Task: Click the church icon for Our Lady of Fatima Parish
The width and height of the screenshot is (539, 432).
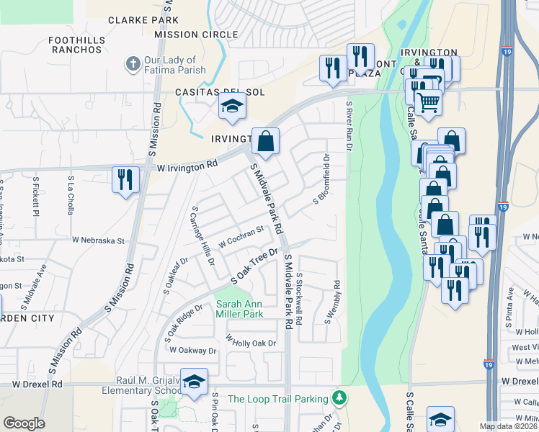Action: click(132, 65)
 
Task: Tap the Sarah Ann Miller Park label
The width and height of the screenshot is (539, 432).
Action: click(239, 308)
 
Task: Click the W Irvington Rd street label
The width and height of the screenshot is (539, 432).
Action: click(187, 165)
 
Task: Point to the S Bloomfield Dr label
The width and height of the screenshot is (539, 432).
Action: click(321, 179)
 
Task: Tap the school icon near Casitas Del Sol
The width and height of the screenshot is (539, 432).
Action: click(232, 107)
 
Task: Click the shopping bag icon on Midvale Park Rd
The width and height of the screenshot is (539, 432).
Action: click(265, 142)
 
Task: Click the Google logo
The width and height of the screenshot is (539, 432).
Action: click(24, 423)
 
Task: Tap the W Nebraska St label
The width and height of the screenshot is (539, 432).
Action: click(98, 240)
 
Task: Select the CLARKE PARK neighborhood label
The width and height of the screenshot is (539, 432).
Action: click(138, 20)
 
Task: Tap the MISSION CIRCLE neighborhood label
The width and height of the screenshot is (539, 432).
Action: click(196, 35)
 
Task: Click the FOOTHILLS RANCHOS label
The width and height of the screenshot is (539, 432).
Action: click(76, 45)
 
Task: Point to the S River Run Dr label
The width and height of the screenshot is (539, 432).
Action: click(349, 126)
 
